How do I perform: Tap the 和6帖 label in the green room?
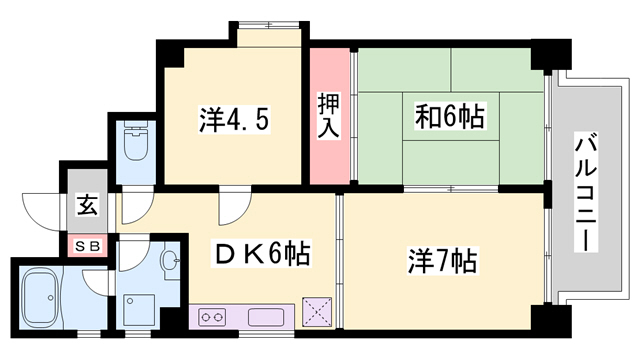pos(450,116)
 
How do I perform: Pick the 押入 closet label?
pos(329,116)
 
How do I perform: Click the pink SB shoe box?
pos(86,243)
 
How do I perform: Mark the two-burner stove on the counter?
pos(213,319)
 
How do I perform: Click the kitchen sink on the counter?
pos(265,319)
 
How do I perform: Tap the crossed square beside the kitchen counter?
pos(318,312)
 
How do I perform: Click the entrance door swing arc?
pos(42,208)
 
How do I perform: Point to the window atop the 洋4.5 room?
pos(270,38)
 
